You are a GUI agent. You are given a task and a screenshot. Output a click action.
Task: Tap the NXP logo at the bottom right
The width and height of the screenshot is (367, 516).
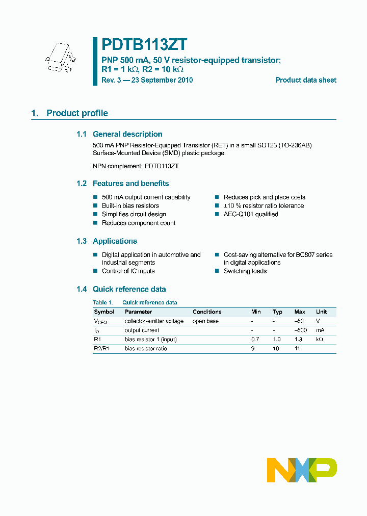(x=302, y=470)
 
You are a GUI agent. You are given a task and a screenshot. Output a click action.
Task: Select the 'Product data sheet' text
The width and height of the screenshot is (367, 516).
(x=306, y=80)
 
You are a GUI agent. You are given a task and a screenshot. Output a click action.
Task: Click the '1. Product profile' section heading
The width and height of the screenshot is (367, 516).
(x=69, y=113)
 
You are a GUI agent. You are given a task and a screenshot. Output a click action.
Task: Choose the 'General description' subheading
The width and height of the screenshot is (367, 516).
(x=127, y=134)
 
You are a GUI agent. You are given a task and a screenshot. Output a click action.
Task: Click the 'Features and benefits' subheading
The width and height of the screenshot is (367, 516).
(x=130, y=184)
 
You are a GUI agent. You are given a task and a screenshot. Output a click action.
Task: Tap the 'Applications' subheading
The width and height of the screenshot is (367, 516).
(x=115, y=241)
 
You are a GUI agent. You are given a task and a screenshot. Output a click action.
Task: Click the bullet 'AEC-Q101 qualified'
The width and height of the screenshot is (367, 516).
(x=251, y=214)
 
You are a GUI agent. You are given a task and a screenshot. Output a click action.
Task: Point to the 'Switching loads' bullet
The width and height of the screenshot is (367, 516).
(x=245, y=271)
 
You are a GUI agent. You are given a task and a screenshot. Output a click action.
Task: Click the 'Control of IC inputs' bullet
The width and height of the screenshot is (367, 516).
(x=128, y=271)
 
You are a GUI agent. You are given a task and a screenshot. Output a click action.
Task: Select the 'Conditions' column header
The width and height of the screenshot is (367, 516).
(x=207, y=312)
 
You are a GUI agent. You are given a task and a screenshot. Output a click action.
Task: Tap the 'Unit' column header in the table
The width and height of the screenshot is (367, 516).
(x=321, y=312)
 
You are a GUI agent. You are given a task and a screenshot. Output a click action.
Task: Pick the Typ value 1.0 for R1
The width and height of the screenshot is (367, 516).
(x=277, y=339)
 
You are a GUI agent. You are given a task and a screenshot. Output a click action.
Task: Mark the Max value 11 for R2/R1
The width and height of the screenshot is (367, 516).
(x=298, y=348)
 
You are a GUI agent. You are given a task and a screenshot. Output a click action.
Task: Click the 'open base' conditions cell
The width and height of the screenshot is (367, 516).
(x=205, y=321)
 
